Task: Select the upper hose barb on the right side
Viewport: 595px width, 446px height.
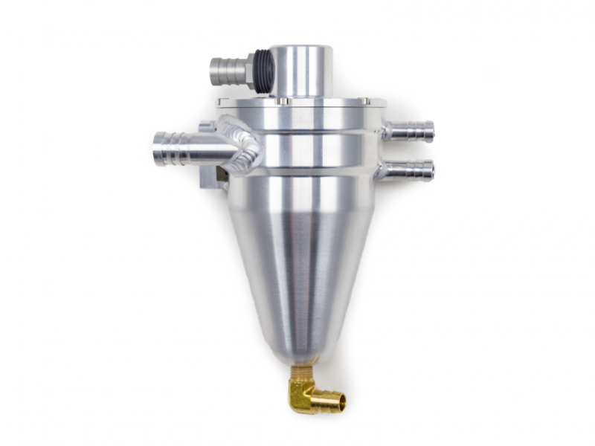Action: tap(411, 132)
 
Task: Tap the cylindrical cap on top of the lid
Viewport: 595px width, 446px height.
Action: tap(300, 71)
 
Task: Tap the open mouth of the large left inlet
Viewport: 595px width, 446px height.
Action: tap(158, 147)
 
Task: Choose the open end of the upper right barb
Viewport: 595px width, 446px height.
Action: tap(431, 132)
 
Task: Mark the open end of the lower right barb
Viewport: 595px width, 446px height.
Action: tap(431, 170)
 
